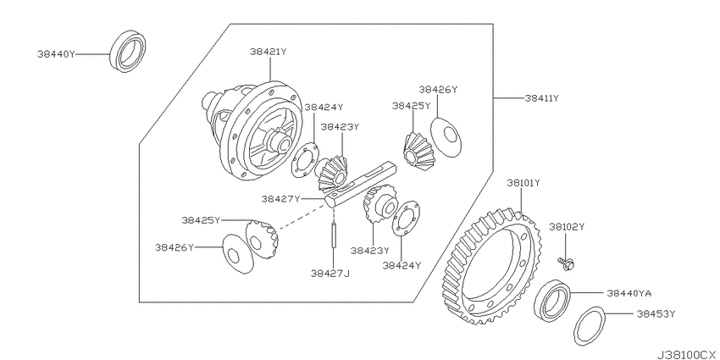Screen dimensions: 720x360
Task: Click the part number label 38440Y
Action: (56, 54)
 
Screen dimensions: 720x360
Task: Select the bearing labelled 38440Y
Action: (128, 51)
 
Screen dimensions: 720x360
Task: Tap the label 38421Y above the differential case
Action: (269, 52)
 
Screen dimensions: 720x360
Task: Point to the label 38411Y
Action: (541, 97)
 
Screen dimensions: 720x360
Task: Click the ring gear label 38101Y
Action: (523, 183)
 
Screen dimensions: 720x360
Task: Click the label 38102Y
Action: (567, 226)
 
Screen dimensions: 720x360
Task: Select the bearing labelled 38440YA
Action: (552, 299)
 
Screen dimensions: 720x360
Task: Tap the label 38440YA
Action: (629, 293)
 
